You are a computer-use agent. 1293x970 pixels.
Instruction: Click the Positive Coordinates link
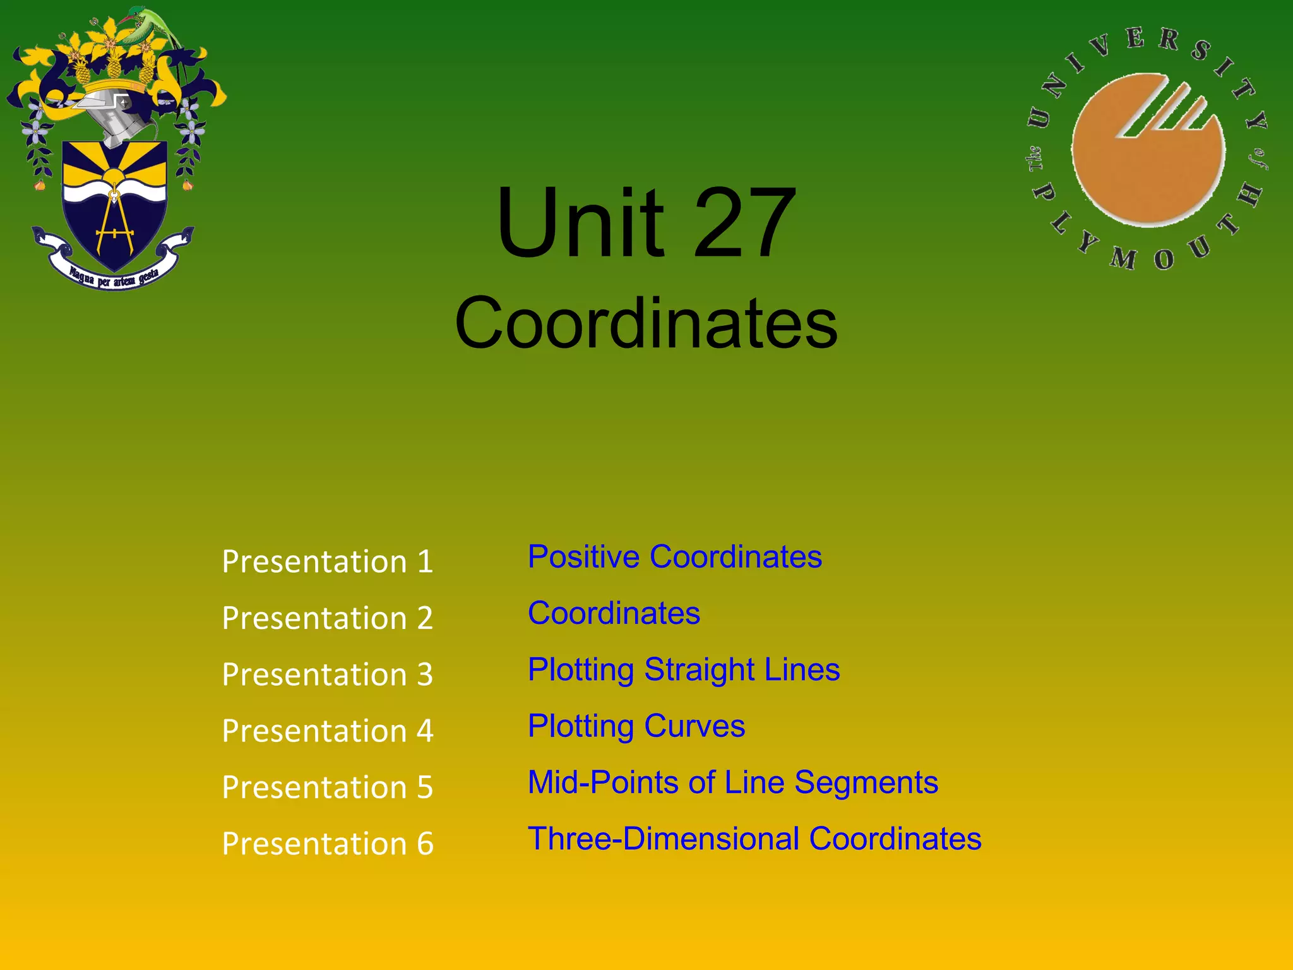point(674,557)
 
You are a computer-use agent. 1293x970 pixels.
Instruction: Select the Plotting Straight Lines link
point(684,669)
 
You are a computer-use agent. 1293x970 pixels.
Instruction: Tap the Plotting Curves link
point(636,726)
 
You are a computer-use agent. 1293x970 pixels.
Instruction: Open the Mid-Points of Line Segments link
point(732,782)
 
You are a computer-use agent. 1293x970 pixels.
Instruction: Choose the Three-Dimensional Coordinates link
point(754,839)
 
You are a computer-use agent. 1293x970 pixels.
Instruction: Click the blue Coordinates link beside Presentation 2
point(614,613)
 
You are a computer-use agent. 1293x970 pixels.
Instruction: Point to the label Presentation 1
point(327,561)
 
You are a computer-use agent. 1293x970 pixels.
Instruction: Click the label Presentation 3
point(327,674)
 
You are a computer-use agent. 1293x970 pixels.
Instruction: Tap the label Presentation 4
point(327,731)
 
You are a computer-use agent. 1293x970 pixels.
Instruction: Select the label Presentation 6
point(327,844)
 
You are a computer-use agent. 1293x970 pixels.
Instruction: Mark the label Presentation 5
point(327,787)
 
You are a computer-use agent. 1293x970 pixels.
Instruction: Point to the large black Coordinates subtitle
point(646,323)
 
